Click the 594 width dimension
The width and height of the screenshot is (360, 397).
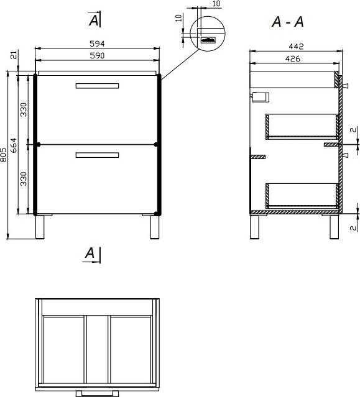[97, 44]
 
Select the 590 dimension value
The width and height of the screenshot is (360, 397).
[97, 55]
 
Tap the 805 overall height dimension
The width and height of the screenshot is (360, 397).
[3, 155]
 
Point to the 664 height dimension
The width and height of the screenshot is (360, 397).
[14, 145]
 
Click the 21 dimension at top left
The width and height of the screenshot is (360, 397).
[14, 55]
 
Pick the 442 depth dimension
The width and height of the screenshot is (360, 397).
[296, 47]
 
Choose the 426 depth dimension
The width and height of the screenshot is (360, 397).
[293, 59]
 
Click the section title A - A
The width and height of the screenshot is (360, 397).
[287, 22]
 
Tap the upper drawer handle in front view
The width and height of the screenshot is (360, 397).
[97, 86]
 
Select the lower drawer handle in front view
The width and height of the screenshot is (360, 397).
[97, 155]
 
